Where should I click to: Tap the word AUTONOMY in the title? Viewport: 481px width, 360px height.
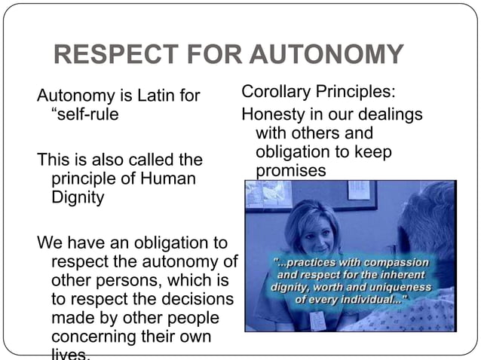tap(326, 55)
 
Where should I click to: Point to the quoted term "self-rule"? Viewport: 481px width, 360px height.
tap(84, 116)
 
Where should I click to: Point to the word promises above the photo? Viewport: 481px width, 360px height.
tap(291, 171)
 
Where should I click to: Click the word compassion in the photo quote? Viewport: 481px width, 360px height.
tap(399, 263)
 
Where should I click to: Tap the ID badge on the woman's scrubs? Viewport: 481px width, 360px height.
tap(317, 320)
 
